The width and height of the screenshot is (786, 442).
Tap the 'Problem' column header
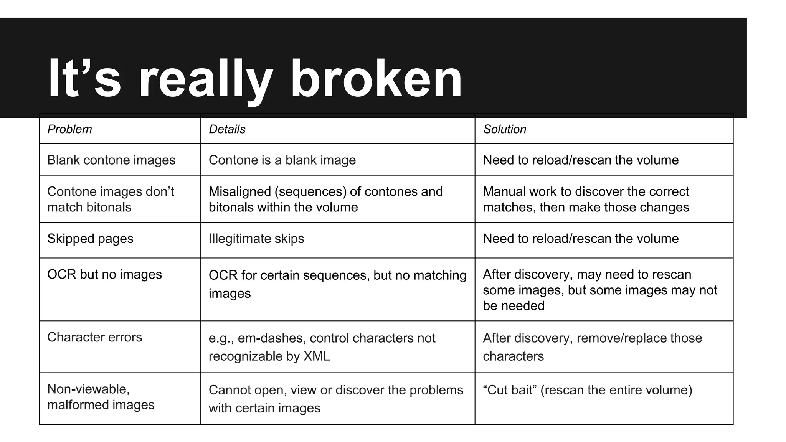[x=69, y=129]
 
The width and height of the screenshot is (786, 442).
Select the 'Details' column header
[x=227, y=129]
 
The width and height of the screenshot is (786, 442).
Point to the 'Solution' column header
[x=504, y=129]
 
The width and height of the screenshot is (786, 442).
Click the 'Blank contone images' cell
[x=111, y=160]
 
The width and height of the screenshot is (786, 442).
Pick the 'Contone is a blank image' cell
[x=282, y=160]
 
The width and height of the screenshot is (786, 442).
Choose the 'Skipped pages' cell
[x=90, y=239]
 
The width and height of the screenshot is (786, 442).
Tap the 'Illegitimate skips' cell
[x=256, y=239]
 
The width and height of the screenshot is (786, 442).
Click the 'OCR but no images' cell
[x=104, y=274]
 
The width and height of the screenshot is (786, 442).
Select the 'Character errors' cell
[x=94, y=337]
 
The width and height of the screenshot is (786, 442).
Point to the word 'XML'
[x=317, y=356]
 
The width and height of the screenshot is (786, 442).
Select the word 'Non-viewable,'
[x=88, y=389]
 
